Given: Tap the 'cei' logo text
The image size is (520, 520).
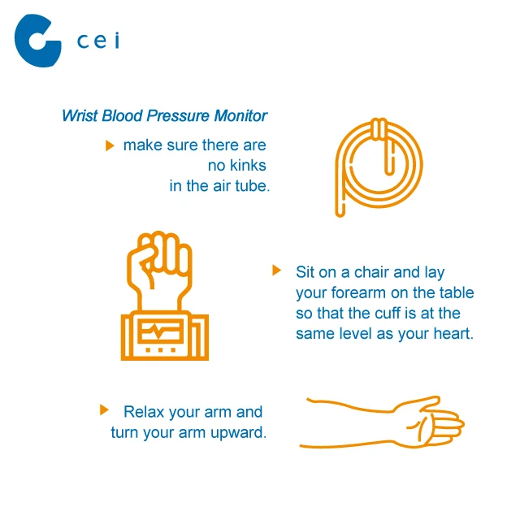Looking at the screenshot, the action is (x=98, y=41).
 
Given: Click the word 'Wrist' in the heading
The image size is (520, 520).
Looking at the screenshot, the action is (x=80, y=115).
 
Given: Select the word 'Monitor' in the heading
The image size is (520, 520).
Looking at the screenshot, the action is (x=240, y=115).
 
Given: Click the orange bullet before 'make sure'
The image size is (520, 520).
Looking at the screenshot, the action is (x=110, y=145).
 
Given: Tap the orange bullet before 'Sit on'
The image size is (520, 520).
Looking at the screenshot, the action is (x=276, y=270).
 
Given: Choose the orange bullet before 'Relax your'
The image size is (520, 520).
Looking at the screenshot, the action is (x=104, y=409).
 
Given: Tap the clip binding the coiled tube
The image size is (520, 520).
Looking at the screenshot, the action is (x=379, y=128).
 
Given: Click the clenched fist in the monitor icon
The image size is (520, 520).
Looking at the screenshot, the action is (x=159, y=262).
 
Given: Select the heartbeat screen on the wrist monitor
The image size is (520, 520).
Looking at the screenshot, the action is (x=161, y=331).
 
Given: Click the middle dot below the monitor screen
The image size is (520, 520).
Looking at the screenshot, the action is (x=161, y=350).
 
